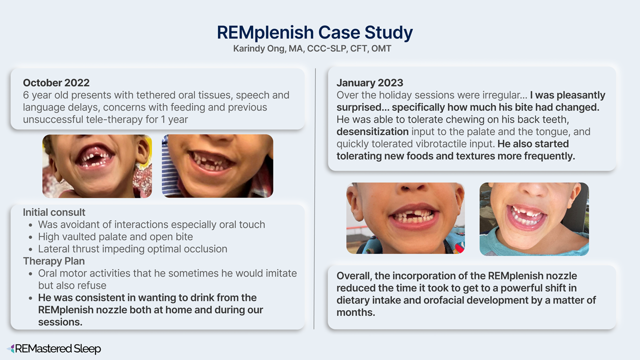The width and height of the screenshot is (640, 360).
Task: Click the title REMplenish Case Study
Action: click(x=314, y=32)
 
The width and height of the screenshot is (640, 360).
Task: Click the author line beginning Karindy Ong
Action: click(x=312, y=48)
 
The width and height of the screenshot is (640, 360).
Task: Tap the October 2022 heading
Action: click(x=56, y=83)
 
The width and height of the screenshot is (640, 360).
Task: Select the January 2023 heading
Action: click(x=369, y=83)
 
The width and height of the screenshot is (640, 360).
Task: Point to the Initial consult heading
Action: click(x=54, y=212)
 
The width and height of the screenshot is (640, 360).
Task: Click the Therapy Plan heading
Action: click(x=54, y=261)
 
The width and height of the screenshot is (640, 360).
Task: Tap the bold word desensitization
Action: click(x=372, y=131)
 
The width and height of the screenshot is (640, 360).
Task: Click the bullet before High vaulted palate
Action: click(x=30, y=237)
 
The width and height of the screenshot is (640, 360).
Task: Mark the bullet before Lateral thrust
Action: click(x=30, y=249)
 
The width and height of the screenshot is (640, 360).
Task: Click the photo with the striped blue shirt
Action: click(x=217, y=166)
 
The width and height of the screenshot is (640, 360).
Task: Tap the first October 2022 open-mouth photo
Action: click(x=97, y=166)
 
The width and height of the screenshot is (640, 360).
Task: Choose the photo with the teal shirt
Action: click(x=534, y=219)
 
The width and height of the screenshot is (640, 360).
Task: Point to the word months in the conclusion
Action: click(x=355, y=312)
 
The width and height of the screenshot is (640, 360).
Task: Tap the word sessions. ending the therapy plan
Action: click(x=60, y=322)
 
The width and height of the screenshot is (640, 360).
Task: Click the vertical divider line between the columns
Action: click(x=314, y=198)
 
